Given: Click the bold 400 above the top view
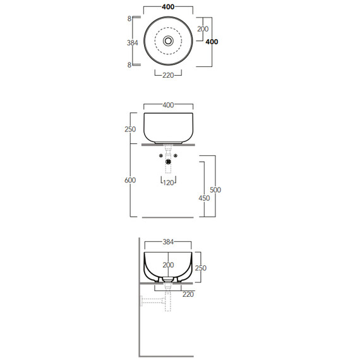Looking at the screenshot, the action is (168, 7).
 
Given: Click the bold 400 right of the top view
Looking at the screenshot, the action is (212, 42).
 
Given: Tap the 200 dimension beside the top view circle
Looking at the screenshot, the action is (203, 29).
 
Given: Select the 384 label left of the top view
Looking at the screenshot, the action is (133, 43).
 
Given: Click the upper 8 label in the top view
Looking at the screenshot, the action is (129, 19).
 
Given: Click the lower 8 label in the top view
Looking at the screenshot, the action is (129, 65).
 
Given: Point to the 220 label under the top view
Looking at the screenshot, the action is (168, 75).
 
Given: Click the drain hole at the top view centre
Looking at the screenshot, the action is (168, 41).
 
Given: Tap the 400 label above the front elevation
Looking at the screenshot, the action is (168, 105).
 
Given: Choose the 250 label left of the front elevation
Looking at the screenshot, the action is (130, 129).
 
